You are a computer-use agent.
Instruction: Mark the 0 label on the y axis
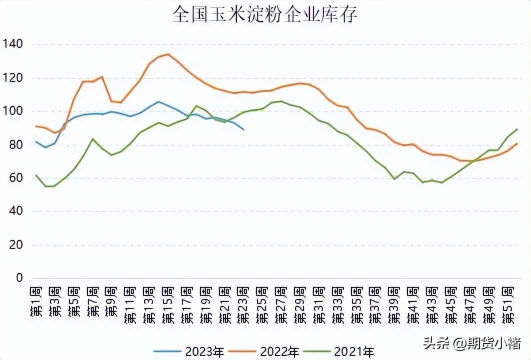pyautogui.click(x=19, y=278)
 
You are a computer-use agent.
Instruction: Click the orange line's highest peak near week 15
pyautogui.click(x=168, y=54)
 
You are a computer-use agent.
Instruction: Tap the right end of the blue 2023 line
pyautogui.click(x=243, y=129)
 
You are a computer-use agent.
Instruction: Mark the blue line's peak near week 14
pyautogui.click(x=158, y=101)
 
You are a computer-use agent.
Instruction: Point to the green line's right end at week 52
pyautogui.click(x=517, y=129)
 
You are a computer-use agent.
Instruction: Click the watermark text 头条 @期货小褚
pyautogui.click(x=472, y=343)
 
